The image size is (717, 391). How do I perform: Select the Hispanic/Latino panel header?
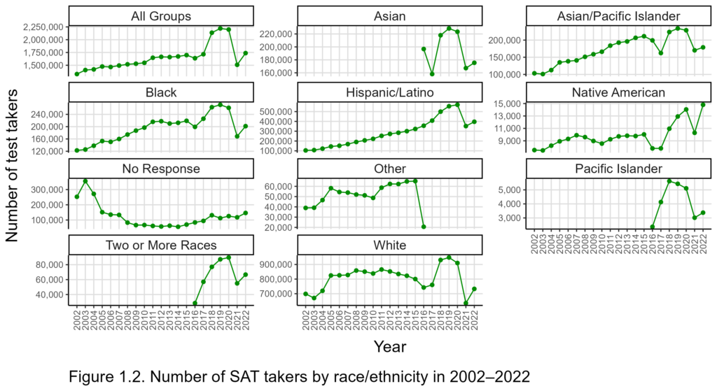[390, 92]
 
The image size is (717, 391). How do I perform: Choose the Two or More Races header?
[161, 245]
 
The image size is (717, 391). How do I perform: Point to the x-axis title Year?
[390, 346]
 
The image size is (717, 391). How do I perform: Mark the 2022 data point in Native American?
[703, 104]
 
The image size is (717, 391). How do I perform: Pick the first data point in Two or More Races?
[195, 303]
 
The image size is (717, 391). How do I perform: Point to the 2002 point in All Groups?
[76, 73]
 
